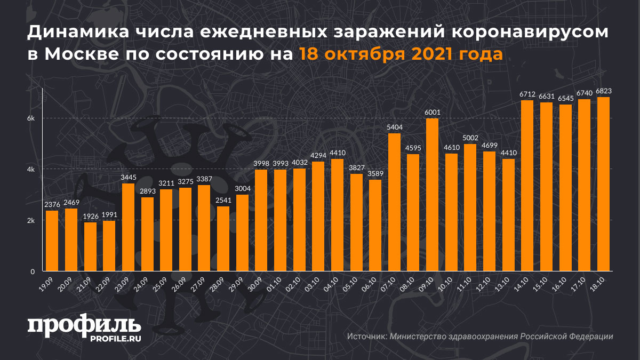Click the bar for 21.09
[91, 246]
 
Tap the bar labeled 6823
[603, 184]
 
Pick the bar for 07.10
[394, 202]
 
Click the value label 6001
[432, 113]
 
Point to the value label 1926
[91, 217]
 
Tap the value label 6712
[527, 94]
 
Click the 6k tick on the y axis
[31, 118]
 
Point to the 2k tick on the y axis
[31, 220]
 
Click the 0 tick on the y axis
[33, 271]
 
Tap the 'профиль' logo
[84, 324]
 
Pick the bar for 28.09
[223, 239]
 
